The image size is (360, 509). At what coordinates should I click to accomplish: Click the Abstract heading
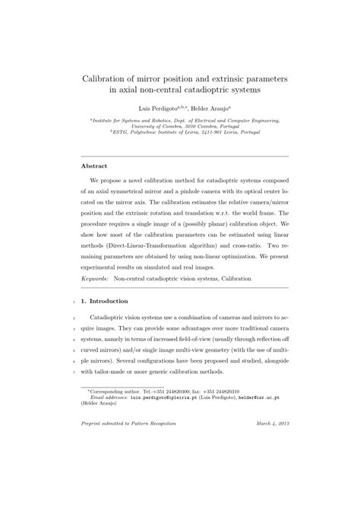(94, 166)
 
